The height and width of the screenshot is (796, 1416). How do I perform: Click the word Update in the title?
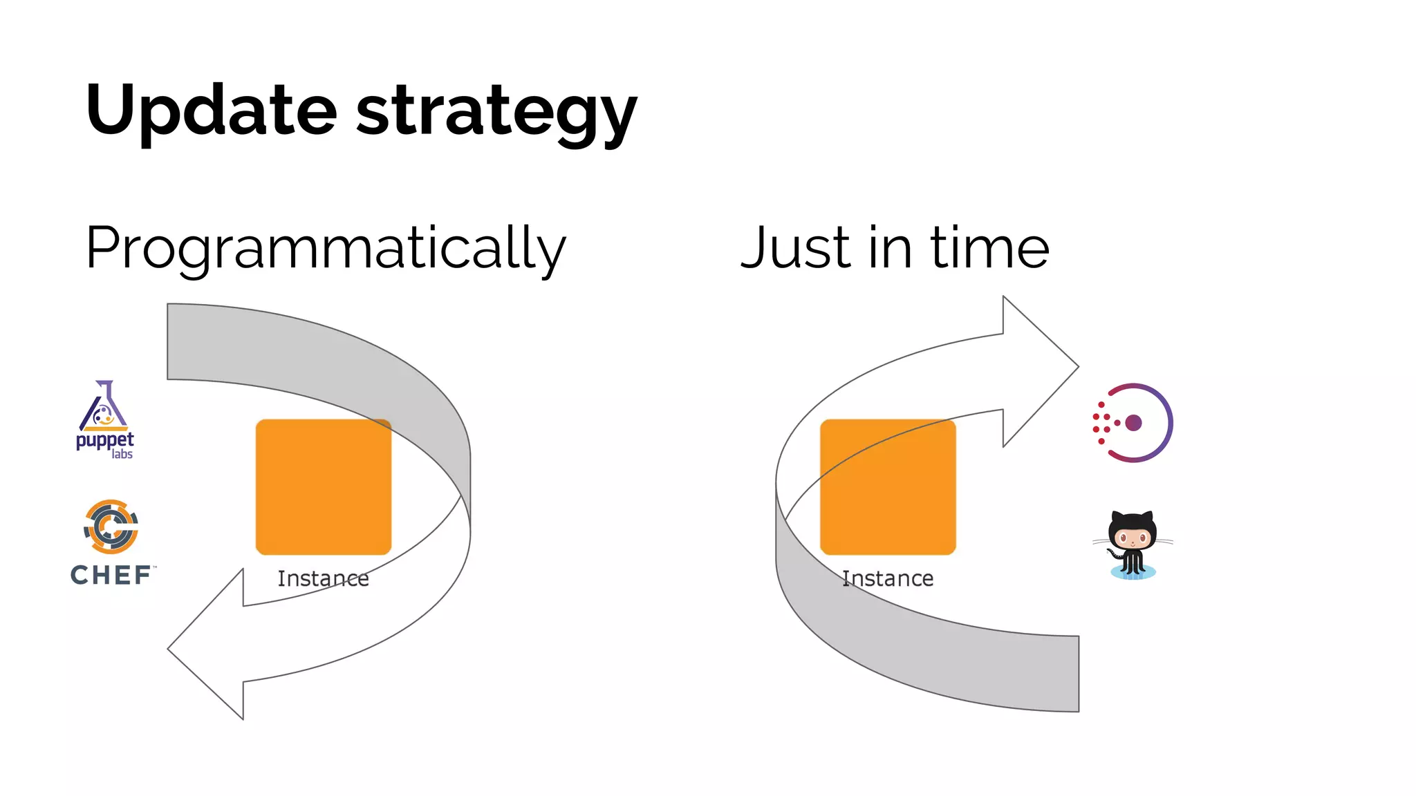point(211,111)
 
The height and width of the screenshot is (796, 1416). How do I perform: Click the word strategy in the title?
point(496,114)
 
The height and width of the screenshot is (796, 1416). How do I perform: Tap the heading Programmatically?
point(325,249)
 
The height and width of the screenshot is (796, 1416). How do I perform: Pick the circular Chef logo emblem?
point(111,527)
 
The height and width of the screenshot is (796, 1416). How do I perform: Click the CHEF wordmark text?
point(111,575)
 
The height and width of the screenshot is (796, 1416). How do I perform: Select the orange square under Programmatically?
point(324,487)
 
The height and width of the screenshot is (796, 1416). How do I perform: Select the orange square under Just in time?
point(888,487)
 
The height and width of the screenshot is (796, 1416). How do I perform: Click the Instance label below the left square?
point(323,578)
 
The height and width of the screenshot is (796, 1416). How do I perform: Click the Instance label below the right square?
point(888,578)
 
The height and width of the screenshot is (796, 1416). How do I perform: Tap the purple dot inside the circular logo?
point(1133,423)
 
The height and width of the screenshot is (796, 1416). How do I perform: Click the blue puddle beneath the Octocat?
point(1133,573)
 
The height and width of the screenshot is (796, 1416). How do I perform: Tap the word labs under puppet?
point(122,454)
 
